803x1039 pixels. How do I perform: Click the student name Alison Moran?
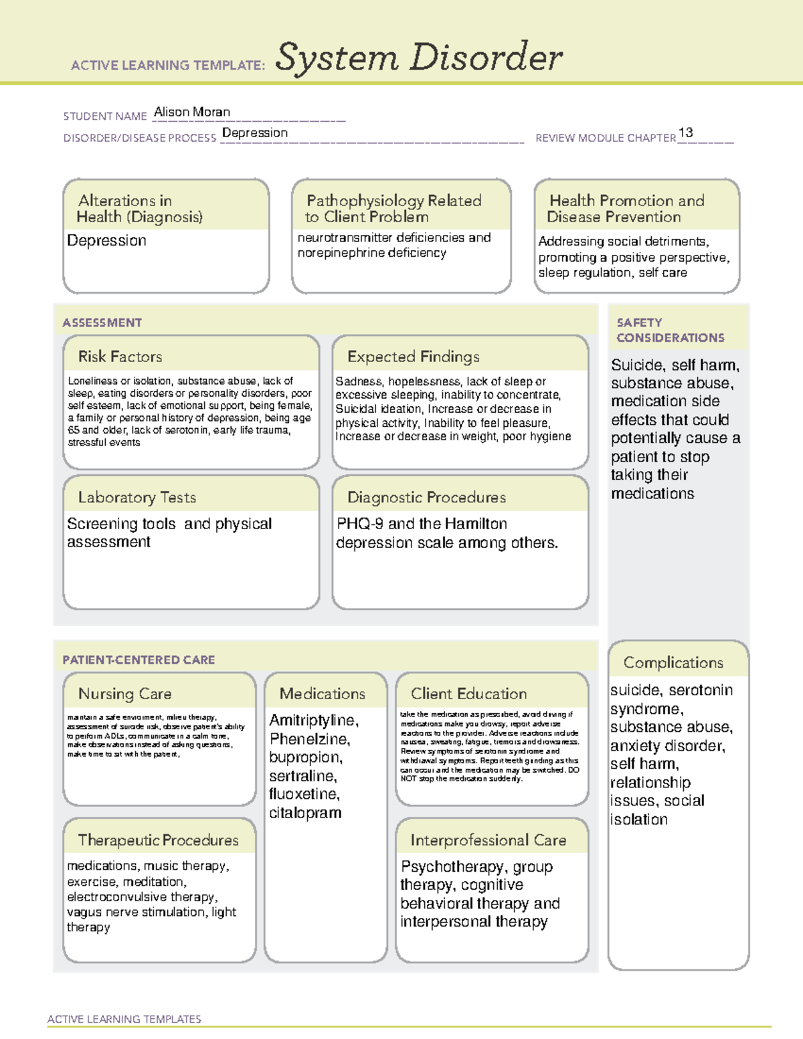tap(192, 112)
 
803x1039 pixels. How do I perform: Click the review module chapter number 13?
tap(685, 132)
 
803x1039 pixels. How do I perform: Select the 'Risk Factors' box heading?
tap(120, 357)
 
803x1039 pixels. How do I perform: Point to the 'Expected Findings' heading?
tap(414, 357)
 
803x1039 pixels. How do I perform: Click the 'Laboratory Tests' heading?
tap(137, 497)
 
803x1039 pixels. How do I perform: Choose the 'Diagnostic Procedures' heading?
tap(426, 497)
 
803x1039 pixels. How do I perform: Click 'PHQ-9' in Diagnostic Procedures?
tap(360, 524)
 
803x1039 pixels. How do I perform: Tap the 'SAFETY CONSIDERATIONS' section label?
tap(670, 330)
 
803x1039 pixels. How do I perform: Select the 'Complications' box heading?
tap(673, 662)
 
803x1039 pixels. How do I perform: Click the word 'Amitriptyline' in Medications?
tap(313, 721)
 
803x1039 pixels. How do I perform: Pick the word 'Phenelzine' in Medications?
tap(308, 739)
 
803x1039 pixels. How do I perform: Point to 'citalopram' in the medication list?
tap(305, 813)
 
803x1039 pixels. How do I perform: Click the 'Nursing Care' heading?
tap(125, 694)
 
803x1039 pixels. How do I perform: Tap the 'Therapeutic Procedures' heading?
tap(159, 840)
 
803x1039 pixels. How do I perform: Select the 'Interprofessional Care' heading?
tap(488, 840)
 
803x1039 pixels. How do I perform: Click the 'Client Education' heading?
tap(469, 694)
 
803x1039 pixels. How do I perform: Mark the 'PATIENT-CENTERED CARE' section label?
tap(139, 660)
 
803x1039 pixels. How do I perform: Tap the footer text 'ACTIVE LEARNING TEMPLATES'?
tap(124, 1019)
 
